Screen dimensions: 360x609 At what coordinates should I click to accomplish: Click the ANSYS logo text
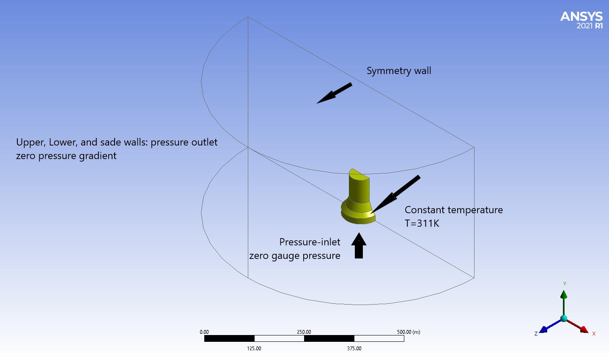(x=581, y=16)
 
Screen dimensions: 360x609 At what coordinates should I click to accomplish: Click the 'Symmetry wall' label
(x=399, y=71)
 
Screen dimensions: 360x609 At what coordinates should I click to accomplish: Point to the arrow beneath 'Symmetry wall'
(x=334, y=93)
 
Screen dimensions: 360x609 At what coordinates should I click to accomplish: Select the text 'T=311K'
(x=422, y=223)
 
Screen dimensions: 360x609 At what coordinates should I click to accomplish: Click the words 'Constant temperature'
(x=453, y=210)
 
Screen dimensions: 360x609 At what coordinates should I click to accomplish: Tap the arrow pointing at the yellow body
(x=395, y=194)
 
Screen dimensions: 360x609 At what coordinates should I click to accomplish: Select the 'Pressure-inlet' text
(x=310, y=242)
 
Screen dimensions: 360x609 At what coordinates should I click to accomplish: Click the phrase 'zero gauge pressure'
(x=294, y=256)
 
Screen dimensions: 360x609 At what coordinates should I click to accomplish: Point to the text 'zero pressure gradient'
(x=66, y=156)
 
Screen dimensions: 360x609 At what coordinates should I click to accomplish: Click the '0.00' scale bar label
(x=204, y=332)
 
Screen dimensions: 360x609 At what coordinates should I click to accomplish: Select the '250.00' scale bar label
(x=304, y=332)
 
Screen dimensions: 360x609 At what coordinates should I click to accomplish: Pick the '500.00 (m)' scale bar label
(x=408, y=332)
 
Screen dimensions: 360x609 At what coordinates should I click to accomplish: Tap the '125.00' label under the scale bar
(x=254, y=349)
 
